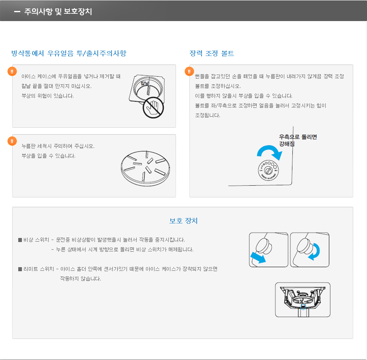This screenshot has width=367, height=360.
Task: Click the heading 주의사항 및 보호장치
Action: tap(58, 11)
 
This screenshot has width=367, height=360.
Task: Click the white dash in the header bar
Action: tap(17, 11)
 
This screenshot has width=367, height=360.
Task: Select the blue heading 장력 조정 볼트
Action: tap(212, 54)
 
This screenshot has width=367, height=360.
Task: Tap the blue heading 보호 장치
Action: tap(183, 221)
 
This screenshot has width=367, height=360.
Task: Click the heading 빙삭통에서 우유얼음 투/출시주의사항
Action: tap(69, 54)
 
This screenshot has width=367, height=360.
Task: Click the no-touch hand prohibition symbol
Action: tap(153, 107)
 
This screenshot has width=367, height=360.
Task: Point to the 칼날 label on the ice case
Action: tap(145, 83)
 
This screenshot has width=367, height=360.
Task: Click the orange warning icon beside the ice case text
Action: tap(12, 71)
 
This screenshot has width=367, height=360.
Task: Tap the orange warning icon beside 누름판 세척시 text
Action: tap(12, 141)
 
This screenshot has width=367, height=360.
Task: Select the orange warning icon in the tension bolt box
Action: tap(189, 71)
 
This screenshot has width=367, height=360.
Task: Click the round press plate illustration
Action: tap(145, 168)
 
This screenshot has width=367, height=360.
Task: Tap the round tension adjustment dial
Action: tap(268, 170)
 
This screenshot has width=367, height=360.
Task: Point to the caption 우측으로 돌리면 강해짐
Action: tap(298, 140)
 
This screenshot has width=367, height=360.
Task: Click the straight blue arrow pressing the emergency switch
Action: tap(258, 257)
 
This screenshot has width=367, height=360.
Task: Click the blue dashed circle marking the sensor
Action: tap(303, 306)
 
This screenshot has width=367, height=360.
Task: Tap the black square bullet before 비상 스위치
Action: tap(20, 240)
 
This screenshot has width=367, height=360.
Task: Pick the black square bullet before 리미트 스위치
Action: tap(20, 269)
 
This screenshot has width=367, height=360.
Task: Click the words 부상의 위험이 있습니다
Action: tap(47, 96)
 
